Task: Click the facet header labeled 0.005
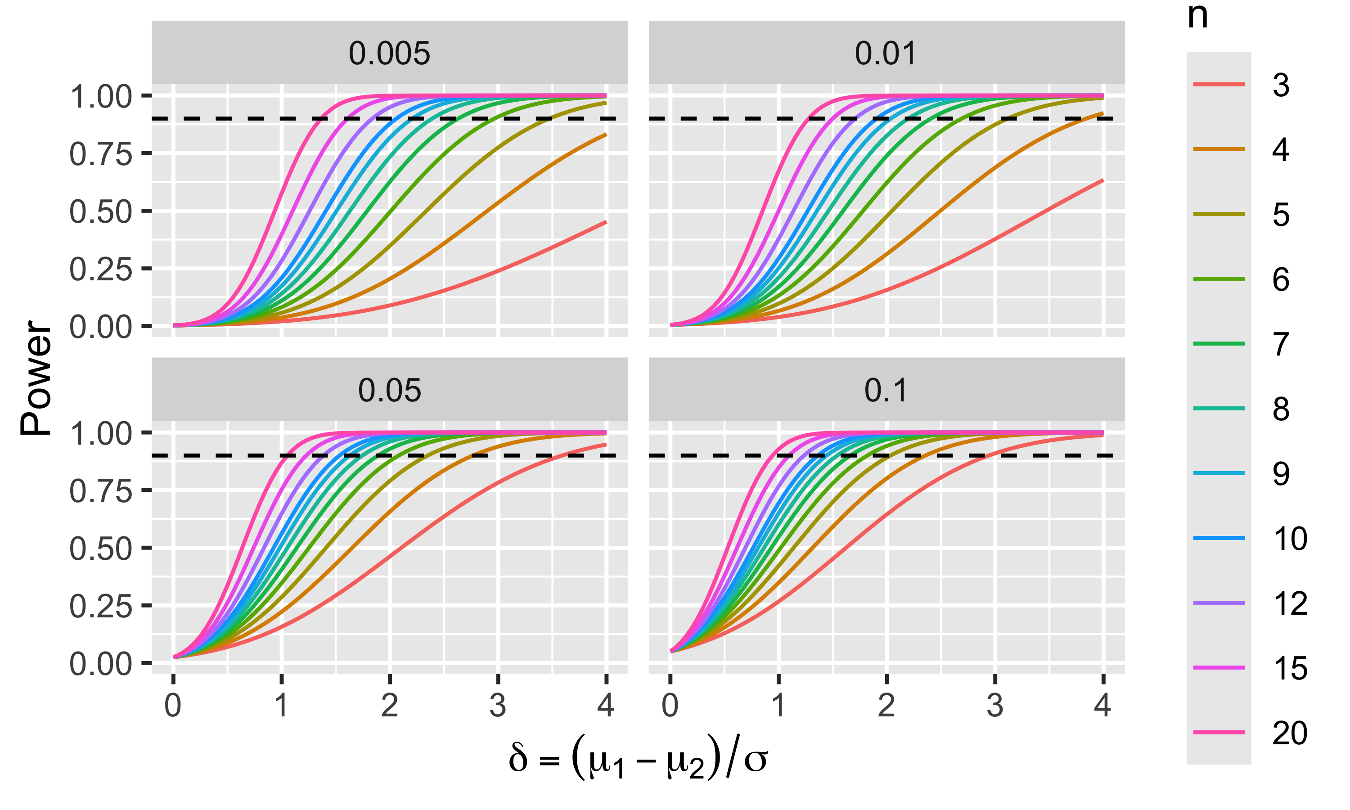click(x=389, y=53)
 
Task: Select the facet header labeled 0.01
click(x=886, y=53)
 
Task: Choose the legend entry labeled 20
click(x=1289, y=733)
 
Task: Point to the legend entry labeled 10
click(x=1289, y=538)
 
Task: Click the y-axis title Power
click(x=36, y=378)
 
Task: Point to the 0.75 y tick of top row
click(x=101, y=154)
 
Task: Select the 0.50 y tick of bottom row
click(x=101, y=548)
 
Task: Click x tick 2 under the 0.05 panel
click(x=390, y=705)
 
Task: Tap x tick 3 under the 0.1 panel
click(x=995, y=705)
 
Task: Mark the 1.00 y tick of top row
click(x=101, y=97)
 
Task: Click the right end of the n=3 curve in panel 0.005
click(x=606, y=222)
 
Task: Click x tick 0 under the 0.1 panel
click(x=670, y=705)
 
